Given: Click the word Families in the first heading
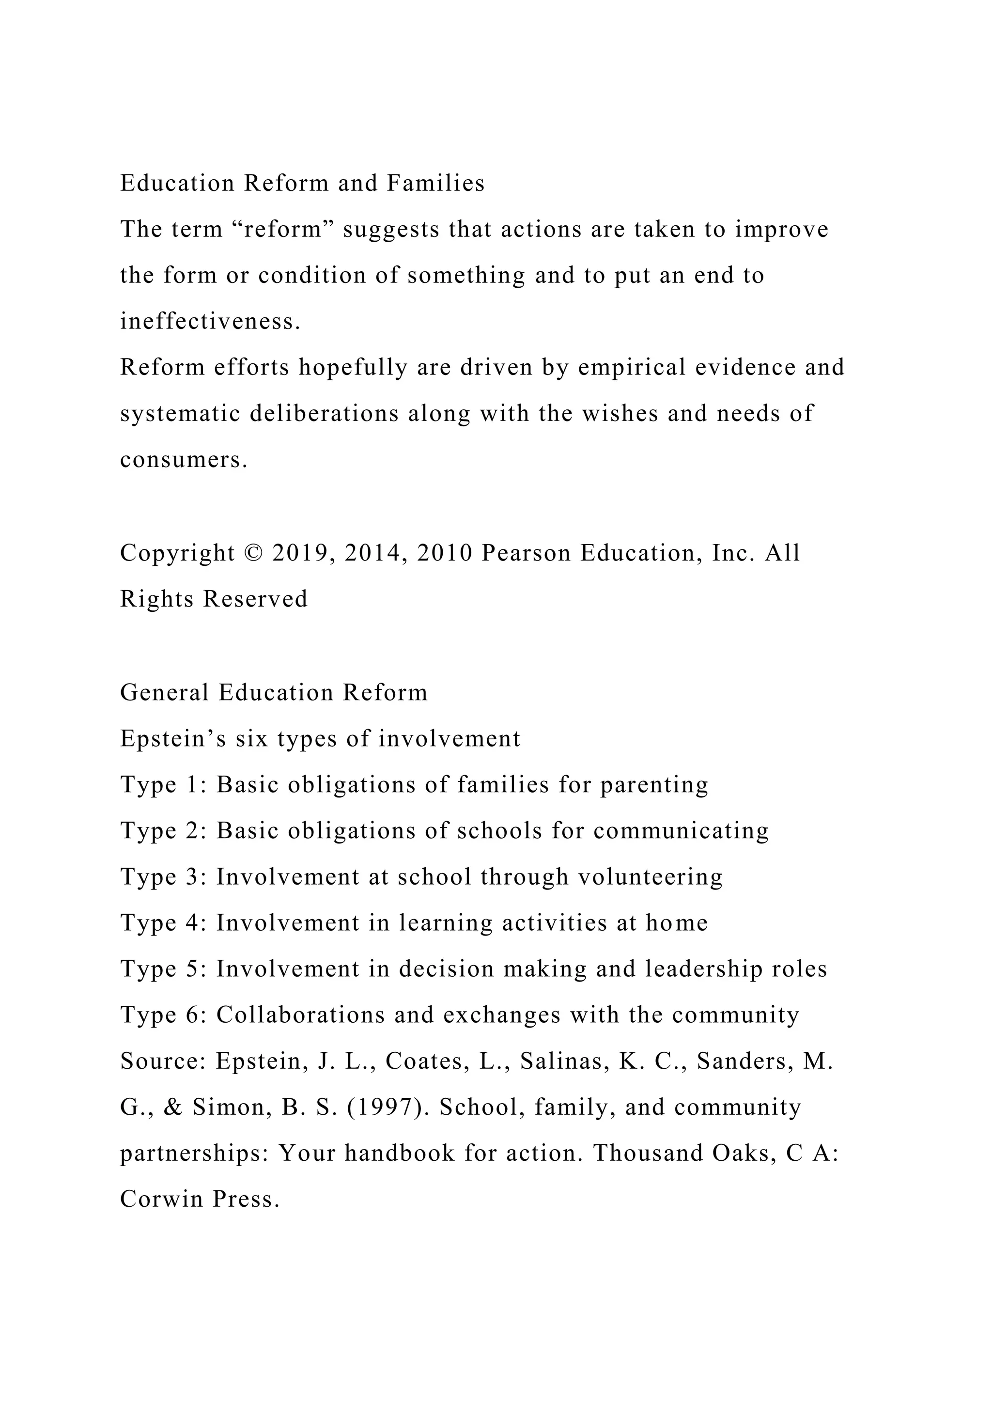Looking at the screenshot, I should [x=435, y=183].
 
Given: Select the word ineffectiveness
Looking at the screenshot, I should [x=210, y=321].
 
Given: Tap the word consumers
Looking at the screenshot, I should [x=183, y=460].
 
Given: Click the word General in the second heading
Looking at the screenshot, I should [x=164, y=692].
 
